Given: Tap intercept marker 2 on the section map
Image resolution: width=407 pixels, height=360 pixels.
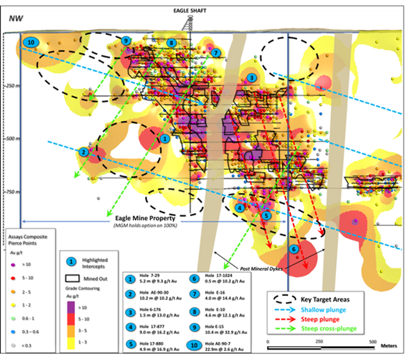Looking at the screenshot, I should click(x=83, y=152).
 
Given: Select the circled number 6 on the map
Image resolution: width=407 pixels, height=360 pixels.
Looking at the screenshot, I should click(x=294, y=249).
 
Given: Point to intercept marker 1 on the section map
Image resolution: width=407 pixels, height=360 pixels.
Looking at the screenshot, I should click(x=165, y=139).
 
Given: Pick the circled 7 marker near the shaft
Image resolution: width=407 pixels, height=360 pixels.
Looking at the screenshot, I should click(x=216, y=52).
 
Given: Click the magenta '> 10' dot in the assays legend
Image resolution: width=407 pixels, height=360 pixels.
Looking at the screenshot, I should click(x=12, y=265).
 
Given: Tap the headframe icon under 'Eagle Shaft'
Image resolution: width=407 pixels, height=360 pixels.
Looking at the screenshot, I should click(x=185, y=22).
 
